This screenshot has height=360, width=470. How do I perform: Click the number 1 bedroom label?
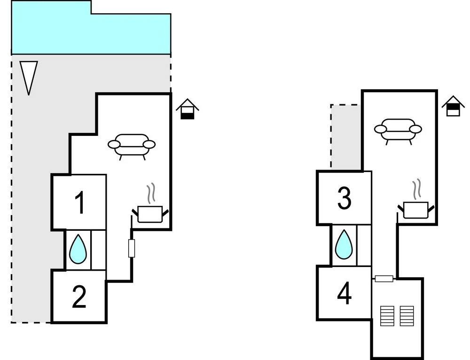[x=80, y=203]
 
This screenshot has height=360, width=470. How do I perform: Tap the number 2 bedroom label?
[x=79, y=297]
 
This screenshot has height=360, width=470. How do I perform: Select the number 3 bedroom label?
[x=344, y=198]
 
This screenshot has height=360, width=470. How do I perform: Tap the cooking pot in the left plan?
[x=150, y=214]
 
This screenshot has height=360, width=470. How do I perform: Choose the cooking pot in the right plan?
[x=416, y=210]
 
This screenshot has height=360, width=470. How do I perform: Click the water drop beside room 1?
[x=78, y=250]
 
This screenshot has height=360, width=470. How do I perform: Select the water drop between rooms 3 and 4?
[x=344, y=244]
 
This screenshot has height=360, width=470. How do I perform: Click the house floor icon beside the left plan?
[x=188, y=109]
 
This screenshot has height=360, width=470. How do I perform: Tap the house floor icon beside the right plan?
[x=453, y=106]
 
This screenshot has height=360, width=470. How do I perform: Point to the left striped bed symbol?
[x=387, y=316]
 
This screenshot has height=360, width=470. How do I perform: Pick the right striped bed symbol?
[x=407, y=316]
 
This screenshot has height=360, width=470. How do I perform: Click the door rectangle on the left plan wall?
[x=132, y=249]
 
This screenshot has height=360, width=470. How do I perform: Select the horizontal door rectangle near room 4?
[x=384, y=279]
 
